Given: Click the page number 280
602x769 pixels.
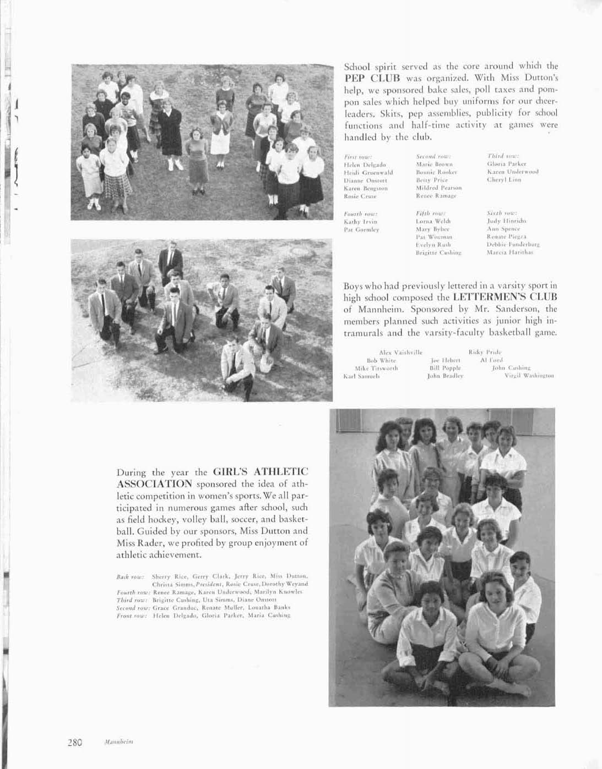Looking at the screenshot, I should coord(74,741).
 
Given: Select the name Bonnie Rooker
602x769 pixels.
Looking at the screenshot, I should coord(437,172).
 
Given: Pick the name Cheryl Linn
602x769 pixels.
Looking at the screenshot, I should coord(504,180).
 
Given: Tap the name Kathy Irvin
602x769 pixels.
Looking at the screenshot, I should coord(359,221).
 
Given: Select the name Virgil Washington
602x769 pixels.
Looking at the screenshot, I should coord(529,376).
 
